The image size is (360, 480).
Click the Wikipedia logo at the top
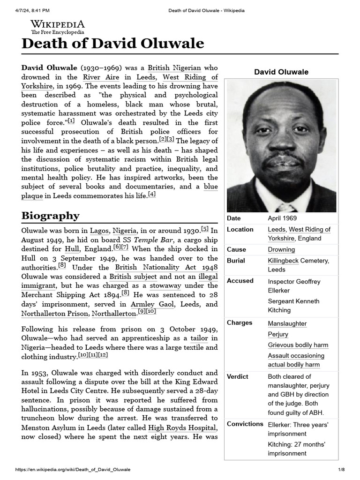tap(58, 27)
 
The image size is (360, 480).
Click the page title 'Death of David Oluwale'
tap(113, 44)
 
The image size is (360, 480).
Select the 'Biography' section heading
tap(50, 216)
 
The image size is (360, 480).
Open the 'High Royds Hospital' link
tap(182, 427)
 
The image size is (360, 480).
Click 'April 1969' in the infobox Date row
tap(282, 218)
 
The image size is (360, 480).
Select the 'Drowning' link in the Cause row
tap(281, 250)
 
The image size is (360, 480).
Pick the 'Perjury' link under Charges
tap(278, 335)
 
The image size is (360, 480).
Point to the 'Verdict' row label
tap(238, 377)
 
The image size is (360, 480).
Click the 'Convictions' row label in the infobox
tap(245, 424)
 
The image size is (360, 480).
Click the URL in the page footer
tap(73, 470)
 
